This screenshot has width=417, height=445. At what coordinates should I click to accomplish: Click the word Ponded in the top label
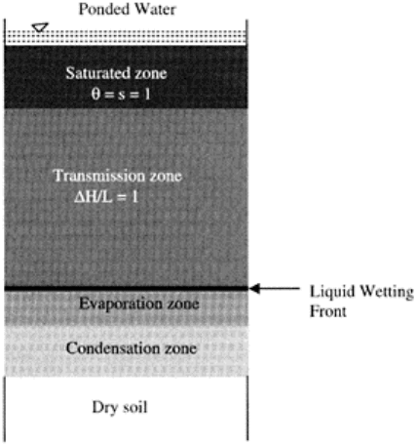(104, 9)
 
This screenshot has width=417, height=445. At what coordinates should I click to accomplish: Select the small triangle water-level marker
(40, 27)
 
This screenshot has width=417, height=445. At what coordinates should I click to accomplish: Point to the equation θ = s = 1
(121, 94)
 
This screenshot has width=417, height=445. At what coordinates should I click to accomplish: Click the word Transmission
(99, 176)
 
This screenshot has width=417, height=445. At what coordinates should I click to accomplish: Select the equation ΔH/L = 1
(106, 197)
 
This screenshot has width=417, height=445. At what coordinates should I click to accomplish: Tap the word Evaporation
(121, 303)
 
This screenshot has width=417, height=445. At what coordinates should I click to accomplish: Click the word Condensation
(113, 348)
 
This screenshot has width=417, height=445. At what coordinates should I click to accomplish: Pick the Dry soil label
(120, 407)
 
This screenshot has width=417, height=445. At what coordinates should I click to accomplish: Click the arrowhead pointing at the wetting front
(255, 288)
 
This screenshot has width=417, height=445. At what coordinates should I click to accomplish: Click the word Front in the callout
(328, 311)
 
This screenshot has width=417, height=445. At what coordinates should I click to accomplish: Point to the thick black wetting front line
(127, 288)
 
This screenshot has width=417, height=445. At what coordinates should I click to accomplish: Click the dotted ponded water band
(127, 37)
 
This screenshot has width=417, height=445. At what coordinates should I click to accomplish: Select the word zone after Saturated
(151, 73)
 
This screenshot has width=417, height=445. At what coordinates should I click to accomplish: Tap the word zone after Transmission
(166, 177)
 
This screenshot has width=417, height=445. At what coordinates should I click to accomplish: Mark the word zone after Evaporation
(183, 304)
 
